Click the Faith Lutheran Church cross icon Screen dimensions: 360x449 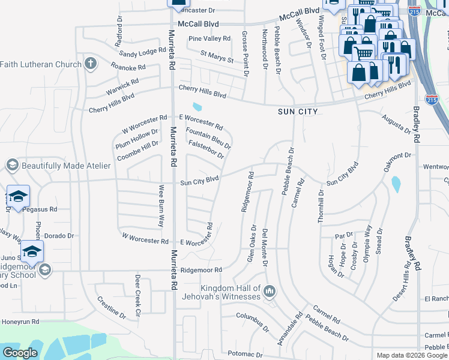90,64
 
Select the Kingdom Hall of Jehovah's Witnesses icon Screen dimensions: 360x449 270,292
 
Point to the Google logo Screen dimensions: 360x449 20,353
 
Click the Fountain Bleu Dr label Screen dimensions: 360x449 208,137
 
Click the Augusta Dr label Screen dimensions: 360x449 398,123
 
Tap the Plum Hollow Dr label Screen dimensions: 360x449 137,137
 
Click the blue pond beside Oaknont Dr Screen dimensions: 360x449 395,185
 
